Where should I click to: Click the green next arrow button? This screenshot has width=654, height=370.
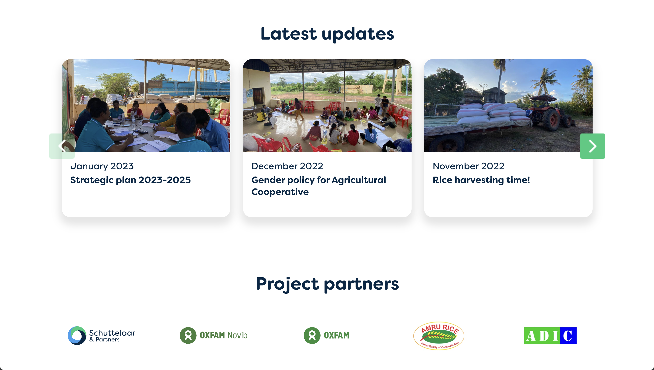(x=592, y=146)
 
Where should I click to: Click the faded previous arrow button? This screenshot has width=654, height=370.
(x=62, y=146)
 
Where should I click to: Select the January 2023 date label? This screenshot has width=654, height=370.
(x=102, y=166)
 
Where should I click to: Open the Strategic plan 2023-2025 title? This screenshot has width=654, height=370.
(x=130, y=180)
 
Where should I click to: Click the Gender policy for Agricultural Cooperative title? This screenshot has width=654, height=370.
(x=319, y=186)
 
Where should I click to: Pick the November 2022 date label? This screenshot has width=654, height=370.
(x=468, y=166)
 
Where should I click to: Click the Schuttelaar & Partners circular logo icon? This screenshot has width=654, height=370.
(x=77, y=335)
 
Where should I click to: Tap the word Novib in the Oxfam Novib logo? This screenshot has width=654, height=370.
(x=237, y=335)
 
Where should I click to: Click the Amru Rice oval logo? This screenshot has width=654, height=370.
(x=439, y=336)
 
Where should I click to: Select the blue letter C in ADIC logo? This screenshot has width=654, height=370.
(x=568, y=335)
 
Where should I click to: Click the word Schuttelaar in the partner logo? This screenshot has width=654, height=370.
(x=112, y=333)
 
